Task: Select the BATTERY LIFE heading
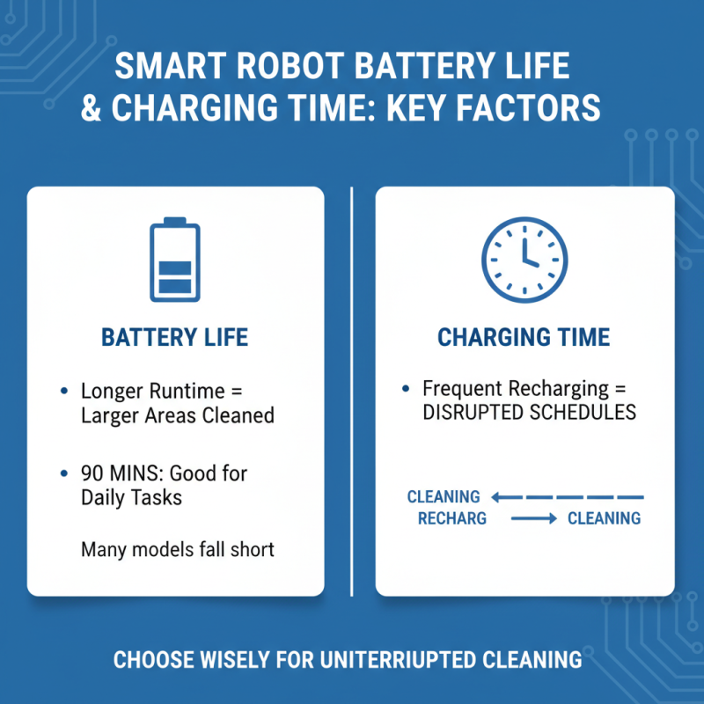[x=175, y=338]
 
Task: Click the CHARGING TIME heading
[x=524, y=338]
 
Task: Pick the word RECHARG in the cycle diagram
[x=452, y=518]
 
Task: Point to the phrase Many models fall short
[x=178, y=550]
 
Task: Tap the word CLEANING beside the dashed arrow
[x=444, y=497]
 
